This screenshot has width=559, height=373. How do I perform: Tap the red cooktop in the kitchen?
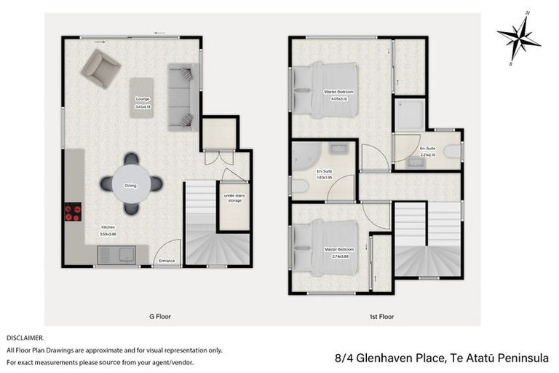tap(74, 211)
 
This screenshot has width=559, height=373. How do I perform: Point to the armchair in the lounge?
tap(100, 68)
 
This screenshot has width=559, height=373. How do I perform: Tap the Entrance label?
tap(167, 260)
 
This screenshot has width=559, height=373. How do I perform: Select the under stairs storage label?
tap(234, 198)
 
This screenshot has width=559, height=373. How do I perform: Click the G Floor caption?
tap(160, 317)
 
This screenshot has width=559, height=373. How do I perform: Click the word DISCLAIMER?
tap(25, 338)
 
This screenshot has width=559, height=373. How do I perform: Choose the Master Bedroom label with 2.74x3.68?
tap(338, 251)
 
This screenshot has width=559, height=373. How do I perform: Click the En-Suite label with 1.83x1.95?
tap(324, 174)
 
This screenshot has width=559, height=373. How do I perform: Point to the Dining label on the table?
tap(131, 185)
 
